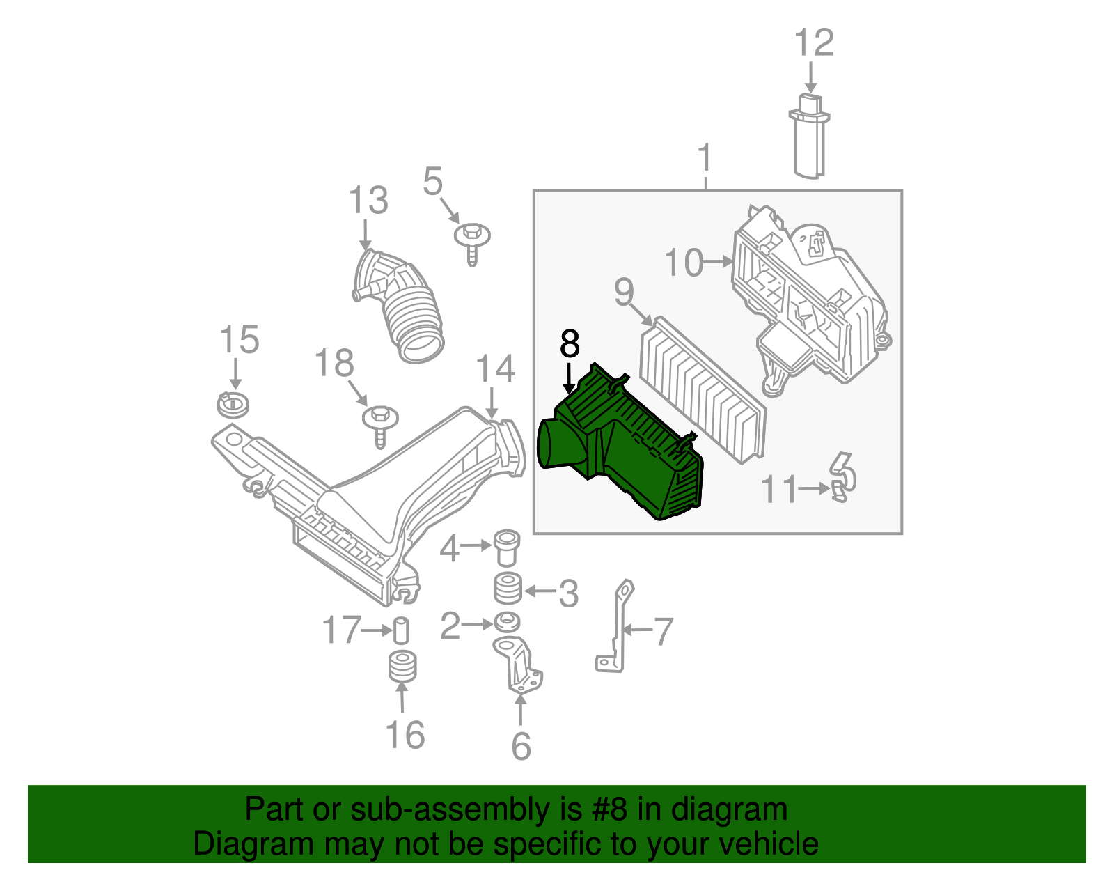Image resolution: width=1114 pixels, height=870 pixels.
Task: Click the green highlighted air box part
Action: [627, 453]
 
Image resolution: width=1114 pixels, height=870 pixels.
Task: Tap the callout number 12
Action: [813, 43]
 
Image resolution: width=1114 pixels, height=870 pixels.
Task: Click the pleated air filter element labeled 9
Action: [702, 390]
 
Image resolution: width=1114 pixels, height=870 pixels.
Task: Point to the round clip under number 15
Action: [233, 405]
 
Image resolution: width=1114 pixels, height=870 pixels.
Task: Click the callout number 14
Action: [495, 369]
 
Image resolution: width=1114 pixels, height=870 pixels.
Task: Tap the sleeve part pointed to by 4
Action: [506, 549]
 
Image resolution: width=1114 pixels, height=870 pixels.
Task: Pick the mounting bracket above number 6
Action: [519, 665]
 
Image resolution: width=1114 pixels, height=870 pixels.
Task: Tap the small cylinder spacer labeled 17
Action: [401, 630]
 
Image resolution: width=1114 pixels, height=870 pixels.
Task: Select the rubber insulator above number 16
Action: [402, 666]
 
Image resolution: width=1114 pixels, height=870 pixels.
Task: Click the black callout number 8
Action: [569, 344]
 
